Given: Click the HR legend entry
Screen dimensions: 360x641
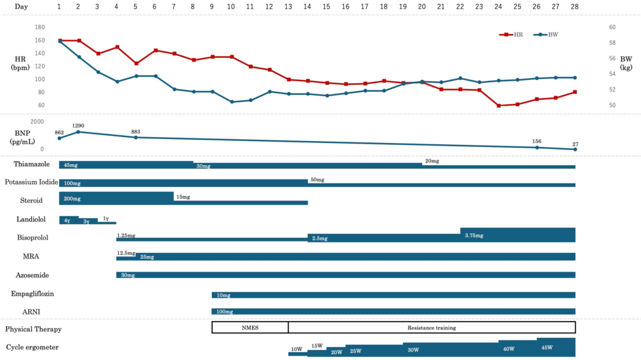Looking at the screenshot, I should (x=512, y=34).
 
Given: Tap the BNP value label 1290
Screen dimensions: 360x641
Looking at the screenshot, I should (x=79, y=125).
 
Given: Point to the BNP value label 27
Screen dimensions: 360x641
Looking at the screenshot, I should (x=575, y=144).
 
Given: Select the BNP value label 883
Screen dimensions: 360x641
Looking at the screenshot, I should (x=136, y=132).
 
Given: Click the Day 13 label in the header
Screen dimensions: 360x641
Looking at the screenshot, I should (x=288, y=6).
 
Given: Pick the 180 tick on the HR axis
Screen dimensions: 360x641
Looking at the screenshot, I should (x=40, y=27).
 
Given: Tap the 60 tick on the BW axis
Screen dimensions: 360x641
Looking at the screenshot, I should (x=612, y=27).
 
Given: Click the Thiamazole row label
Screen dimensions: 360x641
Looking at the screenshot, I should (x=32, y=164).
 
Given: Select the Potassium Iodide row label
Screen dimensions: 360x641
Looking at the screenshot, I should (x=32, y=182).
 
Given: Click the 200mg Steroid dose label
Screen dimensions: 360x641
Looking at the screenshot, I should (x=72, y=199).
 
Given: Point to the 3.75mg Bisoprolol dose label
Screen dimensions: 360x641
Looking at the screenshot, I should (x=474, y=236).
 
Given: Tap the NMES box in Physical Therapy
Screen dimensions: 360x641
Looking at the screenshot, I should (x=250, y=328).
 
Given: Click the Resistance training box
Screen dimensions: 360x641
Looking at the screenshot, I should (x=432, y=328).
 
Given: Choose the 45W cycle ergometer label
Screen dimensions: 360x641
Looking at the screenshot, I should (x=547, y=348).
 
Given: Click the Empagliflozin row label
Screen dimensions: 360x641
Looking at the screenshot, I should (x=33, y=294).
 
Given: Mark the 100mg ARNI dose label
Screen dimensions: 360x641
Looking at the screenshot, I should (x=224, y=312).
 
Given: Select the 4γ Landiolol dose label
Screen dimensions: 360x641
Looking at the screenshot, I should (x=67, y=221).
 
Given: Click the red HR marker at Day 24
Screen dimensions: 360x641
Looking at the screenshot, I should (x=499, y=105).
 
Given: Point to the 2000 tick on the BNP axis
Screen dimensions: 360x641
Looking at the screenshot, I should (x=37, y=122).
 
